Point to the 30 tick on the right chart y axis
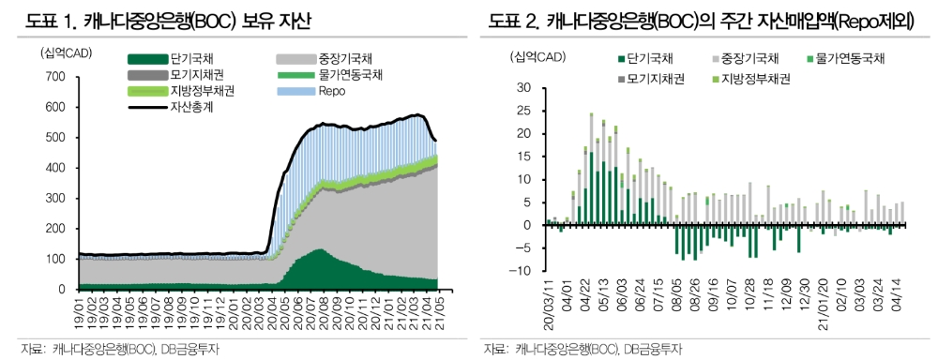(523, 88)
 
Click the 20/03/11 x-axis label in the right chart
(549, 305)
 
